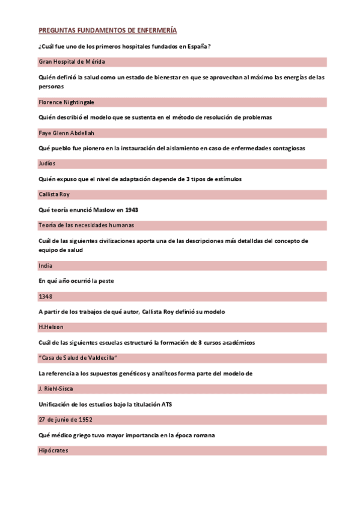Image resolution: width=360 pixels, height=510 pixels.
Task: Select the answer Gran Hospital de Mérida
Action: click(x=72, y=62)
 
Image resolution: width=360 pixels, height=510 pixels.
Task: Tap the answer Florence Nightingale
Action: click(x=66, y=102)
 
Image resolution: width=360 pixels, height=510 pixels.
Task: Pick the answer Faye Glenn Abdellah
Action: click(x=66, y=133)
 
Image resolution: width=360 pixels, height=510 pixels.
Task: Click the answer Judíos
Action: click(x=47, y=164)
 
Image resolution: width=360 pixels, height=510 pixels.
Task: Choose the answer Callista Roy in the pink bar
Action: click(x=54, y=194)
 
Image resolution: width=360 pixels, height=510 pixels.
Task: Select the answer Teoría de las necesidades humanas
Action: click(x=86, y=225)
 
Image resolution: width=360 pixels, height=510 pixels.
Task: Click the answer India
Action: click(x=45, y=265)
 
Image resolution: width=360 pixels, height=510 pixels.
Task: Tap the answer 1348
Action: click(x=45, y=296)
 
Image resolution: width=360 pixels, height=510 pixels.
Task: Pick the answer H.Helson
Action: click(x=50, y=327)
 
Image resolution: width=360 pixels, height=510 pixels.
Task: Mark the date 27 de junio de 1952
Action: click(x=66, y=419)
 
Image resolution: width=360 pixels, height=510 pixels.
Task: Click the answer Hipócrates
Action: click(x=53, y=450)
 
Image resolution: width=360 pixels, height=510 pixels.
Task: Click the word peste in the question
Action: click(x=105, y=281)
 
